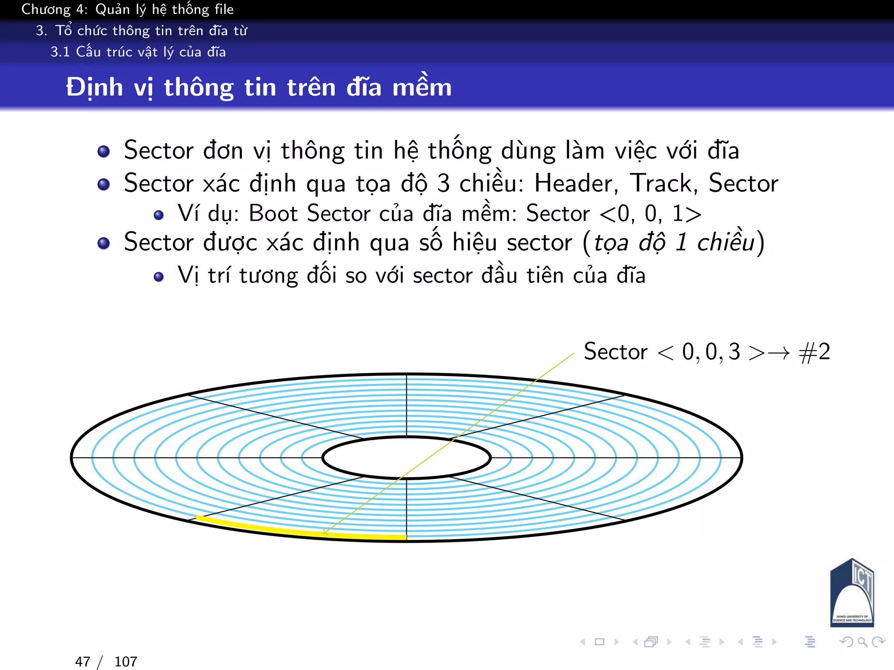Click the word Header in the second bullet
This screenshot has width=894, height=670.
click(575, 183)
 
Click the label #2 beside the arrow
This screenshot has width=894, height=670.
click(815, 352)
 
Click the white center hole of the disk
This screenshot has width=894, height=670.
click(406, 458)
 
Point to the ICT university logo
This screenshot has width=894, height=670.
click(852, 593)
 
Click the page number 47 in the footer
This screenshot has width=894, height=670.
click(83, 662)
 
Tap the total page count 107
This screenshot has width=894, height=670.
click(126, 662)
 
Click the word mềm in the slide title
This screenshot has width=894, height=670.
click(422, 87)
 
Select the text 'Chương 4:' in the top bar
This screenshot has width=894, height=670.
click(55, 9)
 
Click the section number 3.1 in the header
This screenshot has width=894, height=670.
click(60, 52)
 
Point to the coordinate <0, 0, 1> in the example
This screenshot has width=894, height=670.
click(650, 214)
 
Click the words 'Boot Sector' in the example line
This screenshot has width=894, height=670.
click(309, 214)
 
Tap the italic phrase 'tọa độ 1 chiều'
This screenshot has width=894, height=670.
click(674, 243)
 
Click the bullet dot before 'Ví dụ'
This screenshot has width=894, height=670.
click(159, 215)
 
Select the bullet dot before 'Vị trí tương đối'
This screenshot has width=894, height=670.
click(159, 277)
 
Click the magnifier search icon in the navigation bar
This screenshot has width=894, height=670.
click(862, 642)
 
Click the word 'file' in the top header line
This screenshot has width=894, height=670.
click(224, 9)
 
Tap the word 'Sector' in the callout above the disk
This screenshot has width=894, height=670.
click(615, 352)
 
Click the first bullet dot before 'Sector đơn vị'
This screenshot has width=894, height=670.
click(103, 151)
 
